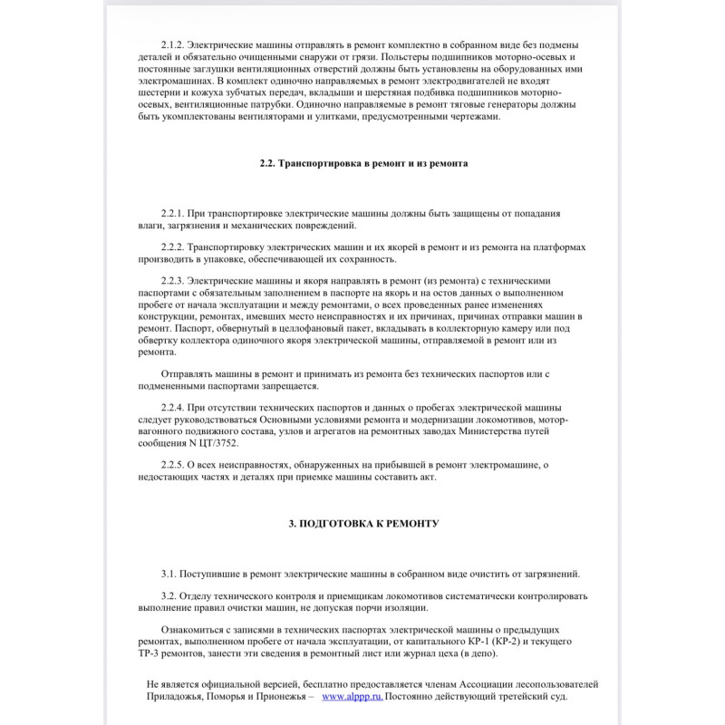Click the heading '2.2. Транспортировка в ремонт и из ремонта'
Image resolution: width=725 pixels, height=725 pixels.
coord(362,163)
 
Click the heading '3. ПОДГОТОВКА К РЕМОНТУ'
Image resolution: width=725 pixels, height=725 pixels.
coord(362,524)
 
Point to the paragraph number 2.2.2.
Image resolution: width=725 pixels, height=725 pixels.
coord(174,247)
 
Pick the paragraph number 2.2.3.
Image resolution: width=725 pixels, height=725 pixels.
coord(174,282)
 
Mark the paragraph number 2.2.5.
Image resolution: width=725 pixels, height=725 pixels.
coord(174,465)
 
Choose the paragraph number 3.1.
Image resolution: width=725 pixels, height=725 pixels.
coord(169,574)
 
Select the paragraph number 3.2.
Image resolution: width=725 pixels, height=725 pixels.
coord(169,596)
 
